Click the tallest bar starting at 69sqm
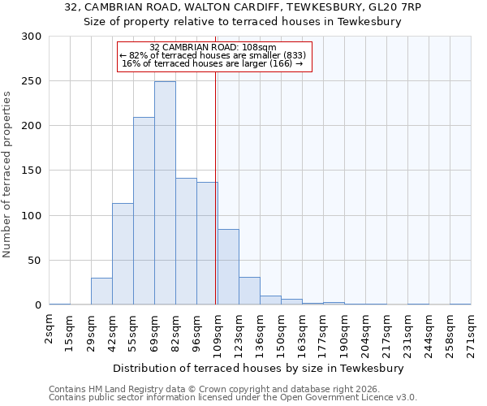[x=165, y=193]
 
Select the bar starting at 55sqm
[x=144, y=211]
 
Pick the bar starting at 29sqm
[x=101, y=292]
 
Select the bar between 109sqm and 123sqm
[x=228, y=267]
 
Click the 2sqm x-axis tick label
[x=50, y=332]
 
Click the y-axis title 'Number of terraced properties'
[x=7, y=174]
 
